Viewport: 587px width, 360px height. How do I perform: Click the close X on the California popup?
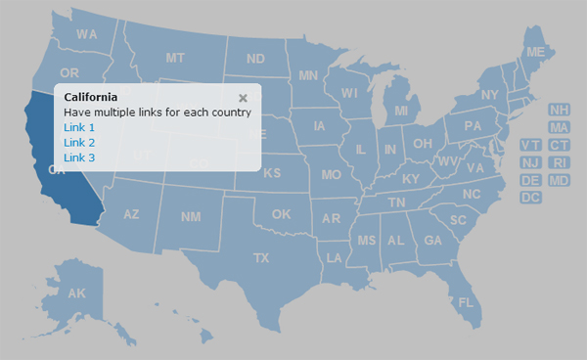tap(243, 98)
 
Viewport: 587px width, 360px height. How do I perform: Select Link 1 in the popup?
tap(79, 127)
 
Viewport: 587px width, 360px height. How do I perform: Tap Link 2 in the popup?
tap(79, 143)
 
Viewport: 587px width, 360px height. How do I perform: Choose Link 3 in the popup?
tap(79, 157)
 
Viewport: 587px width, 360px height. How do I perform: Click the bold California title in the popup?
tap(91, 97)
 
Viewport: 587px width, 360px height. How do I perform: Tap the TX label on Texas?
tap(261, 258)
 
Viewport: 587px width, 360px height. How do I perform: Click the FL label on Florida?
tap(466, 302)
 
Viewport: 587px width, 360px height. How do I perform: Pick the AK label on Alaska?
tap(77, 293)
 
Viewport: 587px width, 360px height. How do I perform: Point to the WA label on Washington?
tap(87, 34)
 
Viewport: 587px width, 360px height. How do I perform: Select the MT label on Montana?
tap(175, 59)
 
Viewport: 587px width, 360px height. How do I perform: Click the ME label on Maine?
tap(535, 52)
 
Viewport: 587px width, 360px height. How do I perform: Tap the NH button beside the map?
tap(560, 111)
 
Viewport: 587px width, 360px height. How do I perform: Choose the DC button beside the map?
tap(531, 198)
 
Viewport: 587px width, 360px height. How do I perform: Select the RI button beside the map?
tap(560, 162)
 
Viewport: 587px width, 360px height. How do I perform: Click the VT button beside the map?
tap(531, 146)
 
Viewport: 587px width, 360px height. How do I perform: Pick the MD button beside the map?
tap(560, 180)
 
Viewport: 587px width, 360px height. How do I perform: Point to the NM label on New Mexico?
tap(191, 216)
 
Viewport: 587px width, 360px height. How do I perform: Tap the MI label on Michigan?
tap(401, 112)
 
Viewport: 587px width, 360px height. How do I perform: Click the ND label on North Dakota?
tap(255, 59)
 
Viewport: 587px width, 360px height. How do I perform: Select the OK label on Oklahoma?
tap(282, 214)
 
